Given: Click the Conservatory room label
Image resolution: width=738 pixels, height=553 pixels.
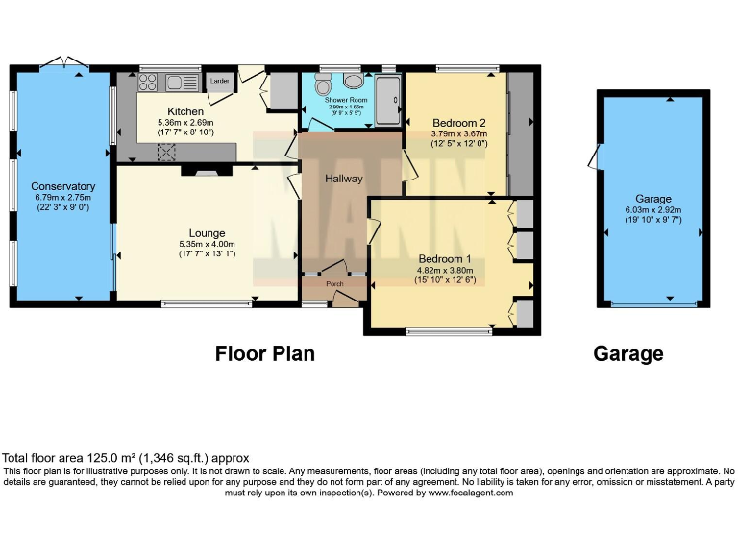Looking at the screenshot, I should pos(63,186).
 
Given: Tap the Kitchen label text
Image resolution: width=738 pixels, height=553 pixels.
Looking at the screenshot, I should pos(184,111).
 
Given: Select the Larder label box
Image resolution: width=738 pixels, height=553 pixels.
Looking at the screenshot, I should pos(220,82).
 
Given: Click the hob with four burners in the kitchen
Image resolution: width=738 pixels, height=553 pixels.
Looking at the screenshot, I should pos(148,83).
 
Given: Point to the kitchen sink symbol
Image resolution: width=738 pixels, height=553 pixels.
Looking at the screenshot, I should pos(178,82).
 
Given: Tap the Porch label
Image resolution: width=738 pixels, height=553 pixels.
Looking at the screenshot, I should pos(335,283).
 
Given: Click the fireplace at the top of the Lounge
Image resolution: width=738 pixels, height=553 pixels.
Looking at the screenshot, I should pos(202,172).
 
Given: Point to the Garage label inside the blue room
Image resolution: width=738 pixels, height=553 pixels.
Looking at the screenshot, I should pos(653,200).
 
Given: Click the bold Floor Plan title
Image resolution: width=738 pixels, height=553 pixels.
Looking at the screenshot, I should pos(264,354).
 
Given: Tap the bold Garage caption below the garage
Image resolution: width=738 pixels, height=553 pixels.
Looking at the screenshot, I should pos(628,354).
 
